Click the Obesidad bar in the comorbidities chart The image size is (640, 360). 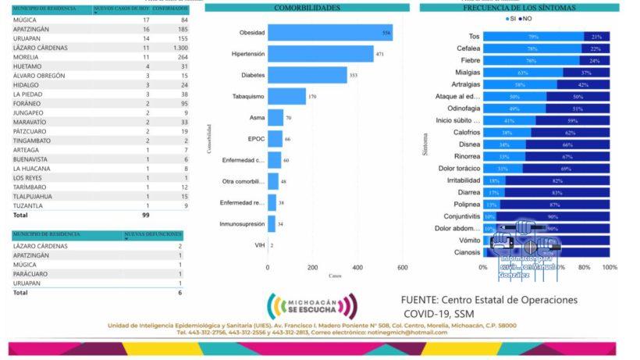pos(329,33)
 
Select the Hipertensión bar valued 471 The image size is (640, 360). pos(320,54)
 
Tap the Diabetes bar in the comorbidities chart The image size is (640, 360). pos(307,75)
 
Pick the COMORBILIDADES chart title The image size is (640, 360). pos(307,8)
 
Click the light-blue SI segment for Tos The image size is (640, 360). pos(532,37)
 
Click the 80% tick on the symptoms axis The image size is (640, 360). pos(584,267)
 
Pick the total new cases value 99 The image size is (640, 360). pos(146,214)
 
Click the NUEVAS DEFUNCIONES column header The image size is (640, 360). pos(153,234)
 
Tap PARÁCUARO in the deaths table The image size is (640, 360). pos(31,273)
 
